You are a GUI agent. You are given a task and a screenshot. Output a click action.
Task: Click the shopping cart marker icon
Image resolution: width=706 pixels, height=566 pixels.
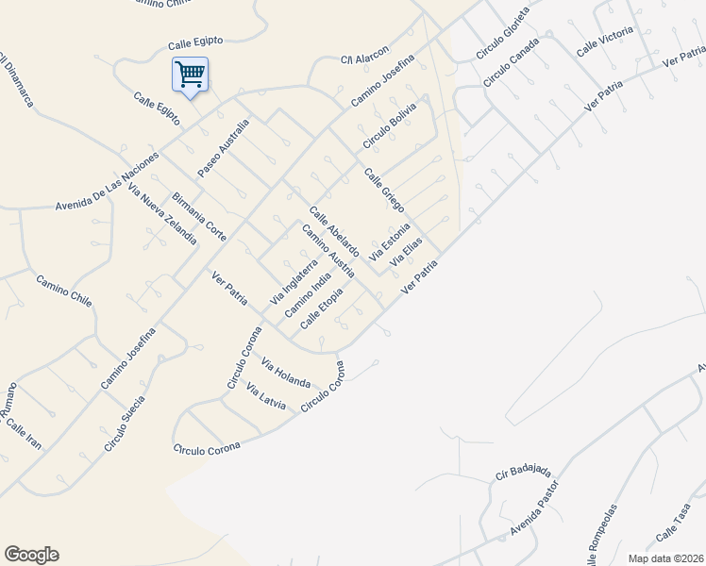click(191, 75)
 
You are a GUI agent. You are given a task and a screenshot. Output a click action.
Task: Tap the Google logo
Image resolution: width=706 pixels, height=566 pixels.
click(31, 555)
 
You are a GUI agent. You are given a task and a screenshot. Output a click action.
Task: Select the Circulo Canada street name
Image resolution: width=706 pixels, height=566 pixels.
click(512, 63)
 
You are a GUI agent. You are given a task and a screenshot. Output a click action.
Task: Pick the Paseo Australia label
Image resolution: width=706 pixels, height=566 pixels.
click(224, 148)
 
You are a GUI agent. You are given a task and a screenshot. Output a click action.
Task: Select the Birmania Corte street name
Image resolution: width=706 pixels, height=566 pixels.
click(199, 217)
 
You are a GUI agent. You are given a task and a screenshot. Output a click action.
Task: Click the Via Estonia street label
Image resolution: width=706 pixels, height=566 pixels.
click(390, 242)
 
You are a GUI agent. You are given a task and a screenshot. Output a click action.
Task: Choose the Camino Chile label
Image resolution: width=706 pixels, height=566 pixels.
click(63, 291)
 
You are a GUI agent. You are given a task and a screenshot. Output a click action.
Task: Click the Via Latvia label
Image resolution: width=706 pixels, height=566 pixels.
click(265, 396)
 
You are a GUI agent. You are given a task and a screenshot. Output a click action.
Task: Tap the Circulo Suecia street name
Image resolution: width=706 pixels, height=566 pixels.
click(126, 424)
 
